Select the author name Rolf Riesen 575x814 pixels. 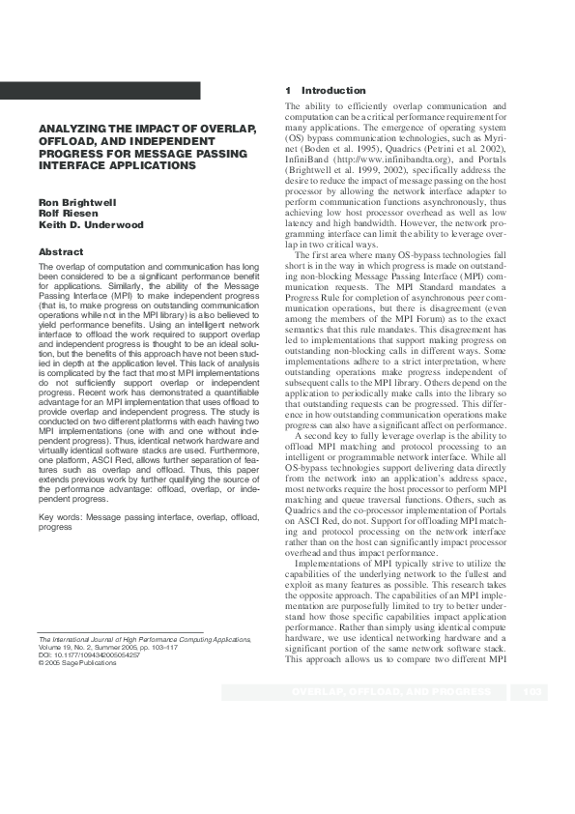[64, 213]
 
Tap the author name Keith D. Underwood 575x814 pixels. [90, 224]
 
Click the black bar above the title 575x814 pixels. [101, 91]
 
